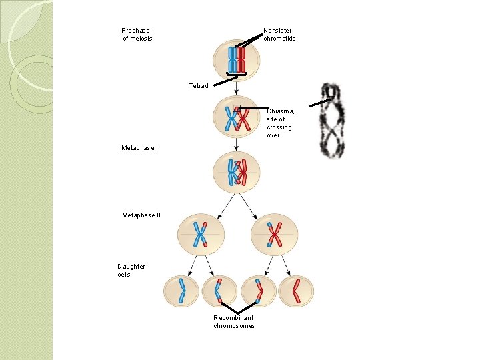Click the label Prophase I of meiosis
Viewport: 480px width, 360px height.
[x=137, y=34]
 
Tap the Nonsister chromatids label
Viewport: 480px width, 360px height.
[x=279, y=34]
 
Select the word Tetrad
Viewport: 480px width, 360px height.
[x=199, y=85]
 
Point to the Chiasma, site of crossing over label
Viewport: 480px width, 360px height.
[x=280, y=123]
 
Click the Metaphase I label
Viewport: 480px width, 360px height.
[x=139, y=147]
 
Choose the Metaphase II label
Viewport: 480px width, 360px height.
[x=141, y=215]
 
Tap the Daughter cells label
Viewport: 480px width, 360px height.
[x=131, y=270]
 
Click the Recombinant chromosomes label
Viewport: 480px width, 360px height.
[x=234, y=321]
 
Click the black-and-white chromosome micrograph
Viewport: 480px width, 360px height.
[x=333, y=121]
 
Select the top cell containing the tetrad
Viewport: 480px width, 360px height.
[x=237, y=60]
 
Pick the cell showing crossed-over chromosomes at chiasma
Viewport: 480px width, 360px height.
[x=237, y=117]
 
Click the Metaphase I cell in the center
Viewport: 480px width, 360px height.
[x=237, y=171]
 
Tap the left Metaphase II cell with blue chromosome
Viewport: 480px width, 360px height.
[x=201, y=234]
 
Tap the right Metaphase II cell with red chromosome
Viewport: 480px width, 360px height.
[x=274, y=234]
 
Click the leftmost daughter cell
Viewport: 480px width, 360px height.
[x=181, y=291]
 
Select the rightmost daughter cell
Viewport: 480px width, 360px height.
[x=295, y=291]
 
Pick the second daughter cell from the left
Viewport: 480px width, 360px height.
[x=219, y=291]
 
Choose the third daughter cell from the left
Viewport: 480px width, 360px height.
[x=259, y=291]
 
